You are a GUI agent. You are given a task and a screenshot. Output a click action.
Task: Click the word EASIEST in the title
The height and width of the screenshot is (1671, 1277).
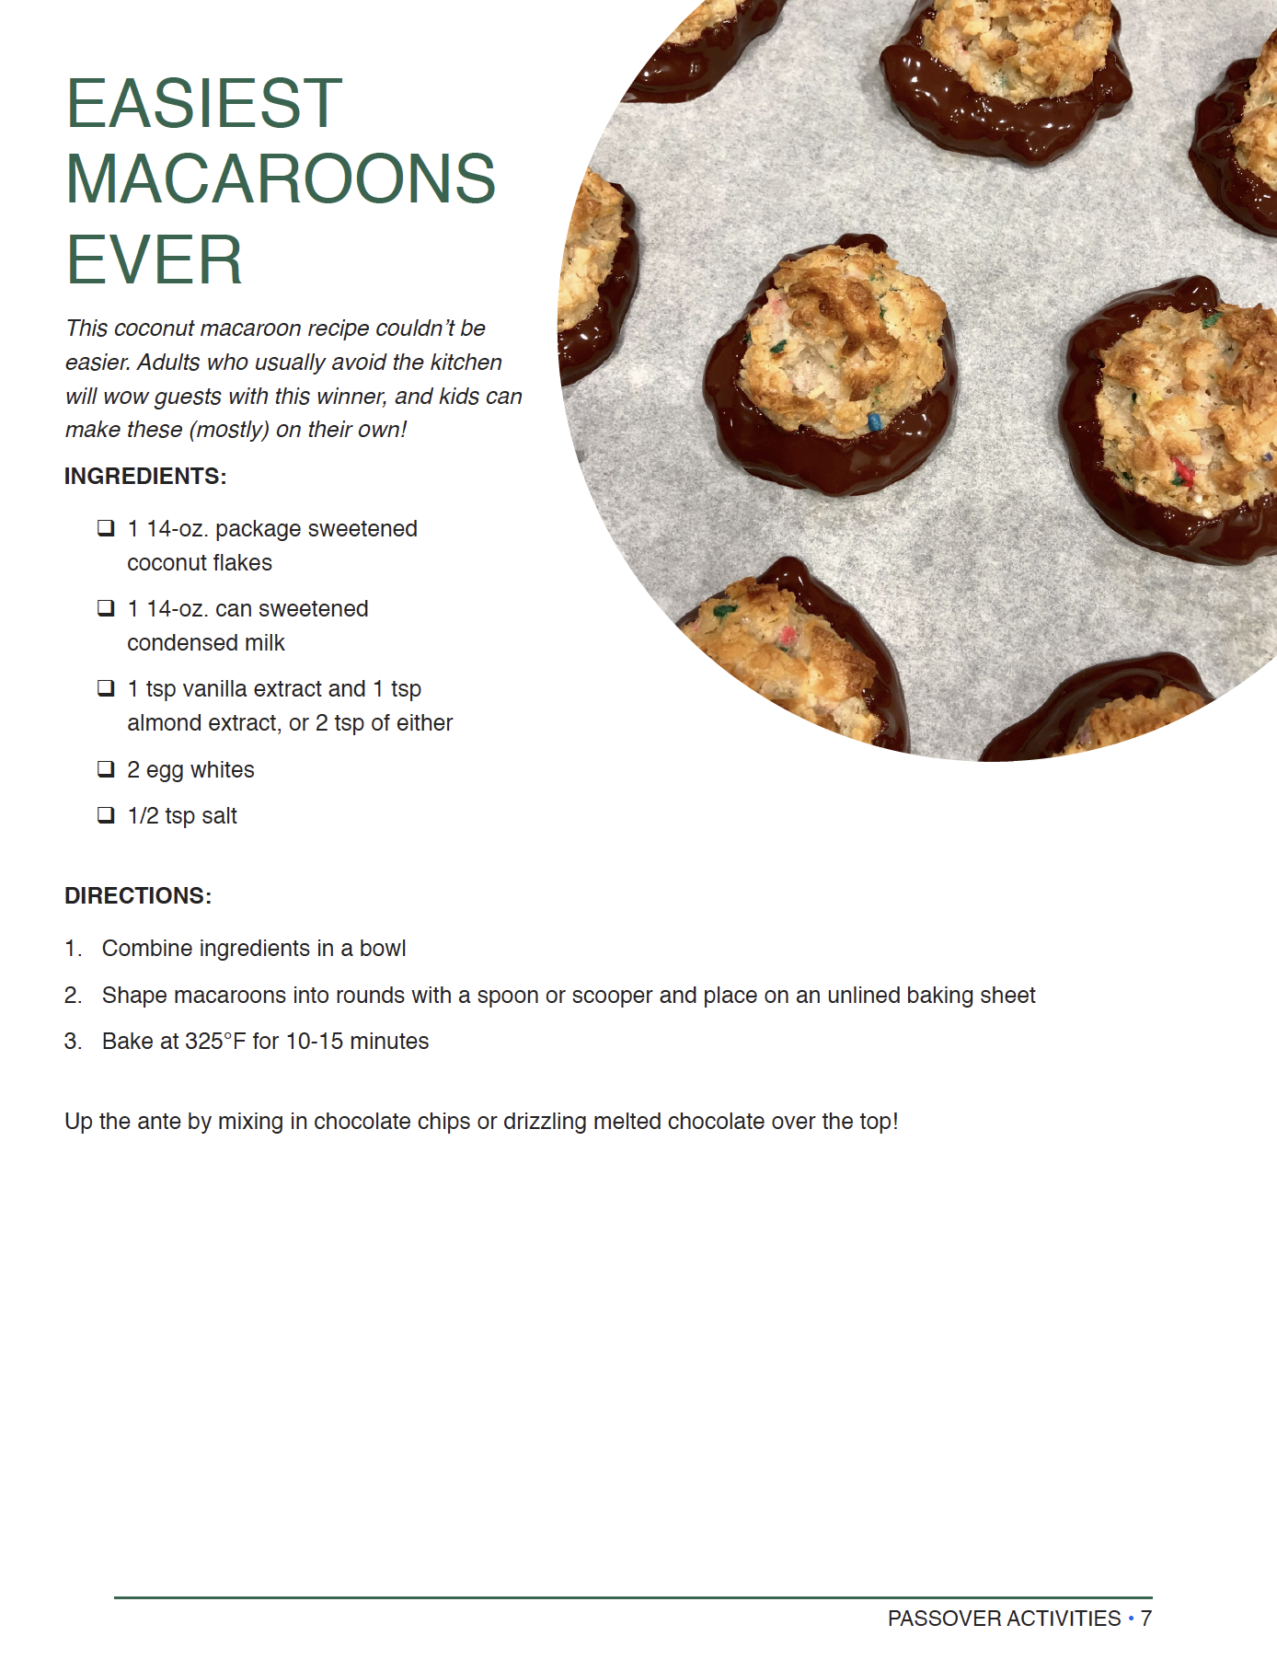[x=203, y=103]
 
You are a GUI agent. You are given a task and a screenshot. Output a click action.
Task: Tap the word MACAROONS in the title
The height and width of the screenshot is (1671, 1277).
[x=281, y=179]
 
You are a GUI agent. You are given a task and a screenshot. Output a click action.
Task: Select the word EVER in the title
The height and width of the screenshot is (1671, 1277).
[x=154, y=260]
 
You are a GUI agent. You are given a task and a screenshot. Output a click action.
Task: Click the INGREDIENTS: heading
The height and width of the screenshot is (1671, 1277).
[x=145, y=477]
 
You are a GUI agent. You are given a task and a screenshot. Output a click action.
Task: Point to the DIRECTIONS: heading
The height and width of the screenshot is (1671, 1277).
[x=138, y=896]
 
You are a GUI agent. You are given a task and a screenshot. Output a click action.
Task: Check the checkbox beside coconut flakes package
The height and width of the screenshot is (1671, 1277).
[x=107, y=528]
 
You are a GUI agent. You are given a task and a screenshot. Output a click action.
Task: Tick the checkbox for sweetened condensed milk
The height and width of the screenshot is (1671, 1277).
[x=107, y=608]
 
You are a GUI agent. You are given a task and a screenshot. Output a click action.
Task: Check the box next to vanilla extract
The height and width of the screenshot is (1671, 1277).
[x=107, y=688]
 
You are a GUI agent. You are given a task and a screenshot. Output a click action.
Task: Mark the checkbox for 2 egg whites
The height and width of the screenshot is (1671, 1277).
[x=107, y=769]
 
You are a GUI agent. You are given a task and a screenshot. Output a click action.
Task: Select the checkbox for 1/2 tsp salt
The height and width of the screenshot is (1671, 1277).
[x=107, y=815]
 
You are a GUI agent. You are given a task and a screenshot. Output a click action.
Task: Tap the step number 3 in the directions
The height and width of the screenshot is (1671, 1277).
[x=73, y=1042]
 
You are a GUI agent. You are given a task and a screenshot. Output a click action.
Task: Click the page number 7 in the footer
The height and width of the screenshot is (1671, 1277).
[x=1145, y=1619]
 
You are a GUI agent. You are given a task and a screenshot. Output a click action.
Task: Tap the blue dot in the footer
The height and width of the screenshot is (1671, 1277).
[x=1131, y=1618]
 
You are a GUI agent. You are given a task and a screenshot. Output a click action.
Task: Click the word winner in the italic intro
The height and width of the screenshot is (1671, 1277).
[x=351, y=397]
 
